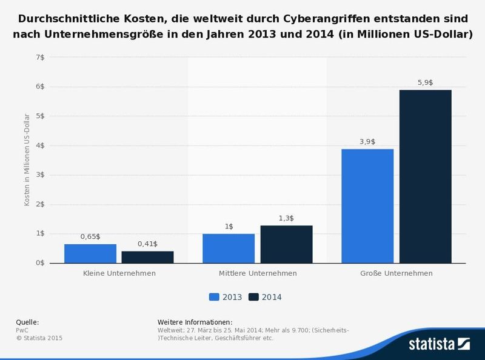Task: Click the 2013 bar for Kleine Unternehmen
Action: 90,253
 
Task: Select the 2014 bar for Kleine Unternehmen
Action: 147,257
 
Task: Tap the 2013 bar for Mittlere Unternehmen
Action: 229,248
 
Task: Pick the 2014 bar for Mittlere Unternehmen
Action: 286,244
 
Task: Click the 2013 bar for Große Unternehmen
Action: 367,206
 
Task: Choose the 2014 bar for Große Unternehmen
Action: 425,176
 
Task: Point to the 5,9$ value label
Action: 425,82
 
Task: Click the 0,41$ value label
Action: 147,244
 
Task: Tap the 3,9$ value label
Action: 367,141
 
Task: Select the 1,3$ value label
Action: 286,218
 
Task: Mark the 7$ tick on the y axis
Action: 40,57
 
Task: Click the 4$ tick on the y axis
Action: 40,145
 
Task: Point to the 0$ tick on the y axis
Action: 40,263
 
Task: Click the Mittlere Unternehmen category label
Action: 258,273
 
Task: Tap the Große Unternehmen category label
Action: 396,273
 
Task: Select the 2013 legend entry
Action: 226,297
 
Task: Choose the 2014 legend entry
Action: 265,297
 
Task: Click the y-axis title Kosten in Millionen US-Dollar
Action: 27,160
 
